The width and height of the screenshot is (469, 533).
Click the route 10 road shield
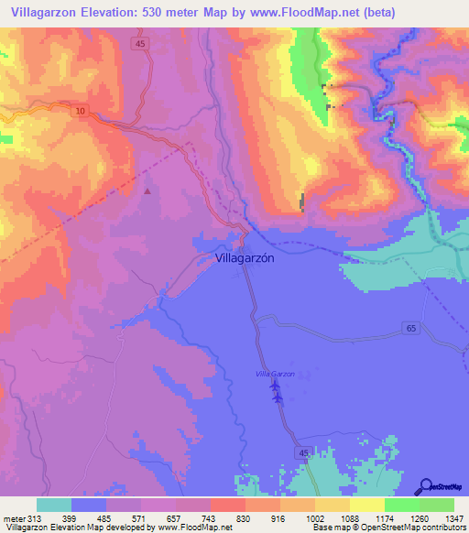coord(80,111)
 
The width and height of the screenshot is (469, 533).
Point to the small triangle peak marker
coord(148,191)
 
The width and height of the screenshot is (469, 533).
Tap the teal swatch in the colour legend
coord(54,505)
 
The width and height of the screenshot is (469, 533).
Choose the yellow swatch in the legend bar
coord(366,505)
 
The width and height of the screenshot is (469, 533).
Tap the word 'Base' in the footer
coord(322,528)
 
